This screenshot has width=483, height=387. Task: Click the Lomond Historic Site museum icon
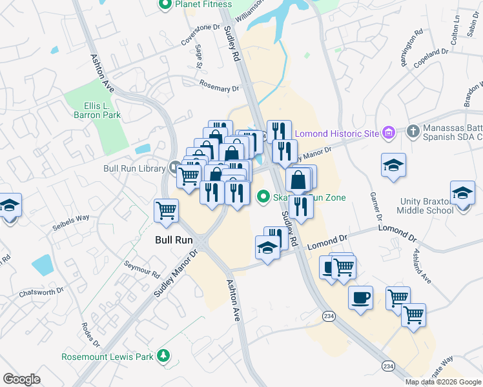tap(389, 134)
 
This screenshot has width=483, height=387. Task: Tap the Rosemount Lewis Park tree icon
tap(164, 355)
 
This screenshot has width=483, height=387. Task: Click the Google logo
tap(21, 379)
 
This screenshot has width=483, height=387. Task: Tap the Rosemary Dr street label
tap(214, 84)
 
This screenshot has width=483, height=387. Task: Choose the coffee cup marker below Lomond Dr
tap(360, 297)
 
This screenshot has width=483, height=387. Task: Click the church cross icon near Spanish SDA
tap(414, 132)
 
